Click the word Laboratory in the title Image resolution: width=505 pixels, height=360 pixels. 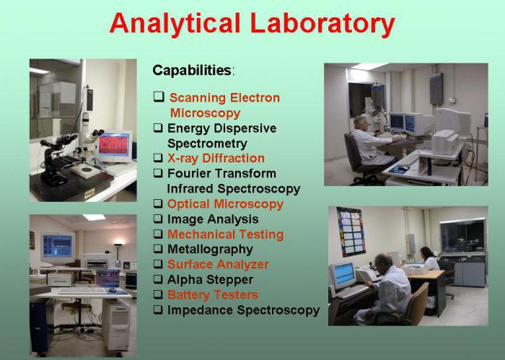coord(322,23)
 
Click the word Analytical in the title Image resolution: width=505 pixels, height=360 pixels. coord(175,23)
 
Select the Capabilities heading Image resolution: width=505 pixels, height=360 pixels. coord(193,70)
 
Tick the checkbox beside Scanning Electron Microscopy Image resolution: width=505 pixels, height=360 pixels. coord(159,97)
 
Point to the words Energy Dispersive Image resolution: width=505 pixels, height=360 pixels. coord(222,128)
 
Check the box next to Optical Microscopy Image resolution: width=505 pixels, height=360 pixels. coord(158,204)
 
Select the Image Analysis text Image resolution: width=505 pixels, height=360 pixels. coord(213,219)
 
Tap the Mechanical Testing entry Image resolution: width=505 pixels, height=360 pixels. coord(225,234)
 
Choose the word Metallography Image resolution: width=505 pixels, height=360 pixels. coord(210,250)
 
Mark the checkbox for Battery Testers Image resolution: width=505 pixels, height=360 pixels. coord(158,294)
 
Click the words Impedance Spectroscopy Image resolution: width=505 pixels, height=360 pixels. coord(244,310)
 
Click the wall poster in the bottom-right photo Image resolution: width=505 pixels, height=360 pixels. coord(351,232)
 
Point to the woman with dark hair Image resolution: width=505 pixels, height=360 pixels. coord(430,258)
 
